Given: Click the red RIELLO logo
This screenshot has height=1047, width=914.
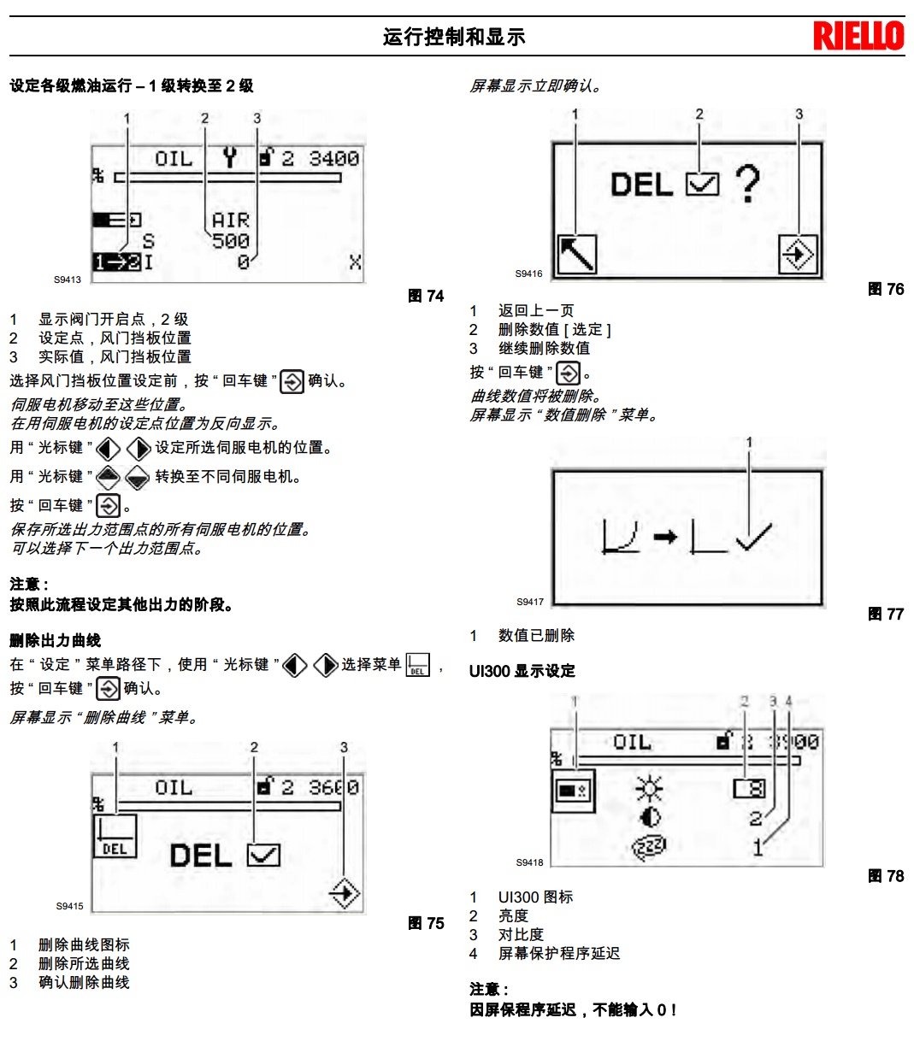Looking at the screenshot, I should (x=858, y=36).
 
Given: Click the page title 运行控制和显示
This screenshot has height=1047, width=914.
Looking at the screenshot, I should (x=453, y=37).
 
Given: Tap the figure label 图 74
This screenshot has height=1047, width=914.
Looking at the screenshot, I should (x=426, y=296).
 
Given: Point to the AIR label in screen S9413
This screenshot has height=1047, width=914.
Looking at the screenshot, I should (x=230, y=221).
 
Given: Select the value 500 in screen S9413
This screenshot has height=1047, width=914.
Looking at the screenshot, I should (x=231, y=241).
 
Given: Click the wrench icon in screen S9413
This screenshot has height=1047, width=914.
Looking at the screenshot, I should (x=229, y=157).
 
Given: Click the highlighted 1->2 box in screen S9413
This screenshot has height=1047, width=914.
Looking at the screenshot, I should (x=117, y=262).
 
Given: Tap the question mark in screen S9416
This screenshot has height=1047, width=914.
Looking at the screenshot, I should (x=747, y=184).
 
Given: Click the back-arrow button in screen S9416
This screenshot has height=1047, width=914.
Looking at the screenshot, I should (x=576, y=254).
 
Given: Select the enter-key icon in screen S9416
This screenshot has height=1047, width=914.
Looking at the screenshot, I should (x=798, y=254).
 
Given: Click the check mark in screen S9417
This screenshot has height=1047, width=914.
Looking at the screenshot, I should (x=752, y=537).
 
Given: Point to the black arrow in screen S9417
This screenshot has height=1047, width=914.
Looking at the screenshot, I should (x=665, y=537).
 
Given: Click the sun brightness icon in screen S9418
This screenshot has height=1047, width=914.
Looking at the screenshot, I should (x=650, y=788).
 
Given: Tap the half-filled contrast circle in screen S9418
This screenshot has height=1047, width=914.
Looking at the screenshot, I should (x=650, y=817).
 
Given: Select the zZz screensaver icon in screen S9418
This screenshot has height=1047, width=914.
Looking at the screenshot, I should (x=650, y=846).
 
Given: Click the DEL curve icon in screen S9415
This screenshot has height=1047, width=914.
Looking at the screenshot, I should (x=115, y=835).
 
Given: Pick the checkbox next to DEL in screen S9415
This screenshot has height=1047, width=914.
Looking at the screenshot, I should (x=263, y=855).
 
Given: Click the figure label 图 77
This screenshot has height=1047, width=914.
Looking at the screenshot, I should (x=886, y=614).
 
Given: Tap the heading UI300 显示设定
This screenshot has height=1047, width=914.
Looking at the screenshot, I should (x=522, y=671).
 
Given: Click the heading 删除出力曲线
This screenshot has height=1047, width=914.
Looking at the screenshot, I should (x=56, y=640).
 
